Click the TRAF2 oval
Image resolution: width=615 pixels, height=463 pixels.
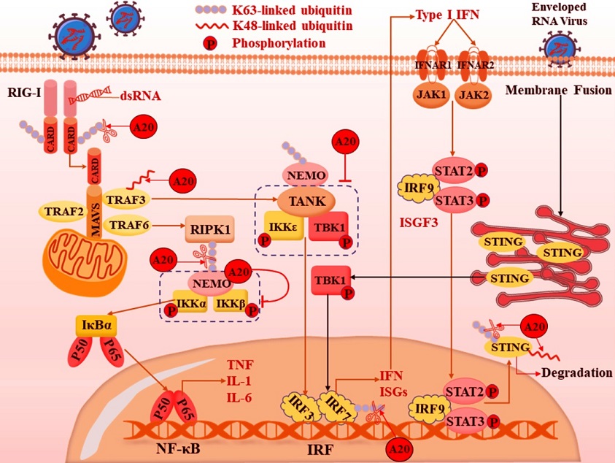click(x=64, y=212)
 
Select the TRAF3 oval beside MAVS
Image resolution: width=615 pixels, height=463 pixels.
click(x=126, y=199)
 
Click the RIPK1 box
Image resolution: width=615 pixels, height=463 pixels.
click(x=210, y=229)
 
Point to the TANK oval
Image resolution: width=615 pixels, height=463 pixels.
click(x=306, y=202)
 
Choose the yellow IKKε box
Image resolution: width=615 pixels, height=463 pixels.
click(x=284, y=226)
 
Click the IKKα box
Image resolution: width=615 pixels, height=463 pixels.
click(x=190, y=302)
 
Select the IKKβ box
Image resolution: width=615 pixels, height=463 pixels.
click(x=231, y=302)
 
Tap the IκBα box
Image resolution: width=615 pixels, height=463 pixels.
click(x=96, y=325)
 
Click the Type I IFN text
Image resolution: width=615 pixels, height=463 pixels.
click(x=447, y=15)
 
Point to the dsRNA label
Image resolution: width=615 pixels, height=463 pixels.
click(x=141, y=96)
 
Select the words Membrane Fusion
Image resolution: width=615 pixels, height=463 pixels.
click(x=559, y=90)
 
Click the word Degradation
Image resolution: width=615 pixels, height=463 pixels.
click(x=576, y=372)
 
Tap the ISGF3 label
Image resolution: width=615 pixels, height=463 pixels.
click(x=419, y=223)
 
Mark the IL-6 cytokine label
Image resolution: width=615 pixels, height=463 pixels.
click(x=239, y=398)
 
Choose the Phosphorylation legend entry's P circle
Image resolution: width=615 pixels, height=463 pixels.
click(x=210, y=44)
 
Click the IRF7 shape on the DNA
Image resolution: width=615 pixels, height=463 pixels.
click(x=336, y=407)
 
